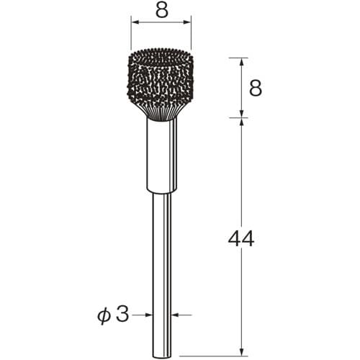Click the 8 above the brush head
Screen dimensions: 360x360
tap(161, 11)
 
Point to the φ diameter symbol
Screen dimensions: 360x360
tap(105, 314)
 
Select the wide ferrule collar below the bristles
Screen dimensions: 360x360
tap(161, 155)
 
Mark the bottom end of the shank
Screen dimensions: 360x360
tap(161, 353)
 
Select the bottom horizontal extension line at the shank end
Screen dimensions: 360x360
tap(216, 356)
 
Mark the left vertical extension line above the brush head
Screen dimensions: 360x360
tap(130, 32)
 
